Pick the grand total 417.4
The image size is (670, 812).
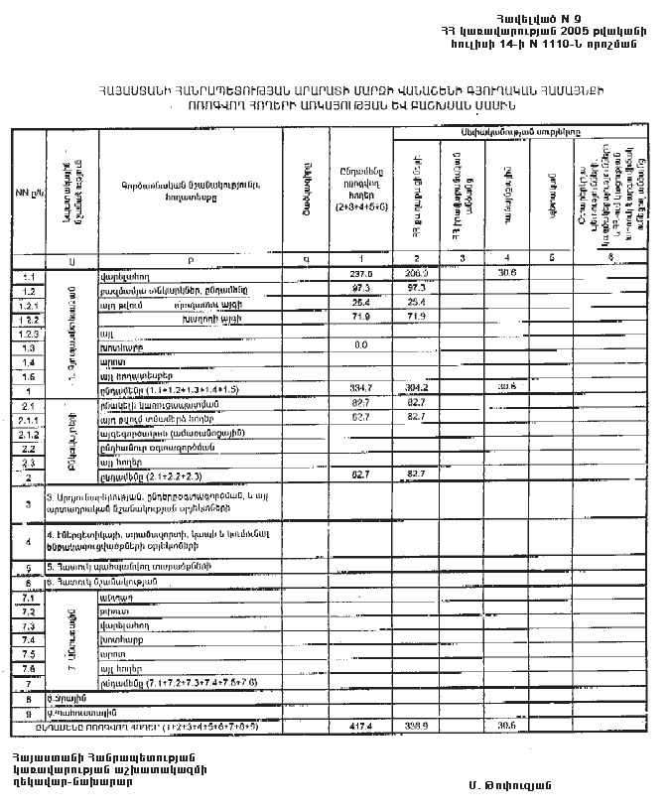[360, 727]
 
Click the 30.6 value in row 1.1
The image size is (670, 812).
[507, 272]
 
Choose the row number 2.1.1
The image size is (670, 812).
[28, 421]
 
